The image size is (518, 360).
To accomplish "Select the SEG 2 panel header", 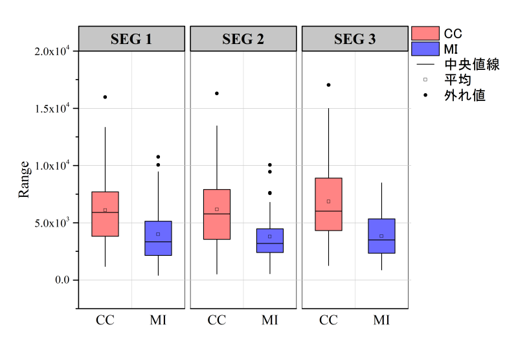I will (x=243, y=39).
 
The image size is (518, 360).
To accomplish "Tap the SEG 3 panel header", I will (x=355, y=39).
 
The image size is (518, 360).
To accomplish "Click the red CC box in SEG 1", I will (x=105, y=214).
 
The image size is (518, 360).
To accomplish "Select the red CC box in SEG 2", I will (x=217, y=214).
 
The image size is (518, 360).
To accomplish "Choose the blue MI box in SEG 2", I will (x=270, y=240).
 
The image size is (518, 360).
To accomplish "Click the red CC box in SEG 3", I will (x=328, y=204).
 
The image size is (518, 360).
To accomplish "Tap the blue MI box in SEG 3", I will (x=381, y=236).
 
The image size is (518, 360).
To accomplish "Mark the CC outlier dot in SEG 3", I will (x=328, y=85).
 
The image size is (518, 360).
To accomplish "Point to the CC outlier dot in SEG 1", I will (x=105, y=97).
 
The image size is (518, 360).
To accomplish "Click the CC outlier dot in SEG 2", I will (x=217, y=93).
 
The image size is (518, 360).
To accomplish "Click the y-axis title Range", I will (x=24, y=179).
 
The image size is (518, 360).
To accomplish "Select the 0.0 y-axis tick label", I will (x=62, y=280).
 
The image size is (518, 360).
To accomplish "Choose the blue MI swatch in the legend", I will (x=425, y=49).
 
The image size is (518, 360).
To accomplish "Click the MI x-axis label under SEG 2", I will (x=270, y=320).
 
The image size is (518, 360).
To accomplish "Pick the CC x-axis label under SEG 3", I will (x=328, y=320).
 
